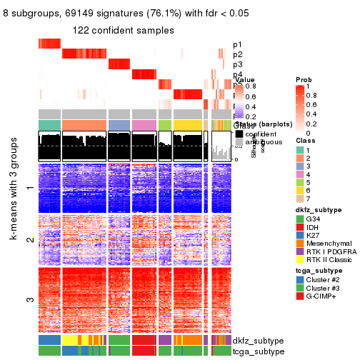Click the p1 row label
[238, 44]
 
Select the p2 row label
[238, 55]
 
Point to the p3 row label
[238, 65]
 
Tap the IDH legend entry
[312, 247]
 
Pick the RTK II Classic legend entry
[329, 284]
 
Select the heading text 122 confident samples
[123, 30]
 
